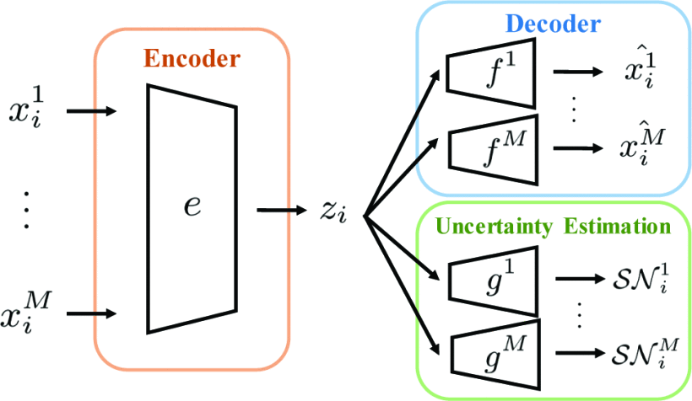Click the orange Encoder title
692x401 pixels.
(x=192, y=60)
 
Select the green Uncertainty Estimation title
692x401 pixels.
(x=554, y=226)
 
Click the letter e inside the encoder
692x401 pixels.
(x=193, y=206)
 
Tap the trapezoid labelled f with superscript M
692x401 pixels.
(x=490, y=149)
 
